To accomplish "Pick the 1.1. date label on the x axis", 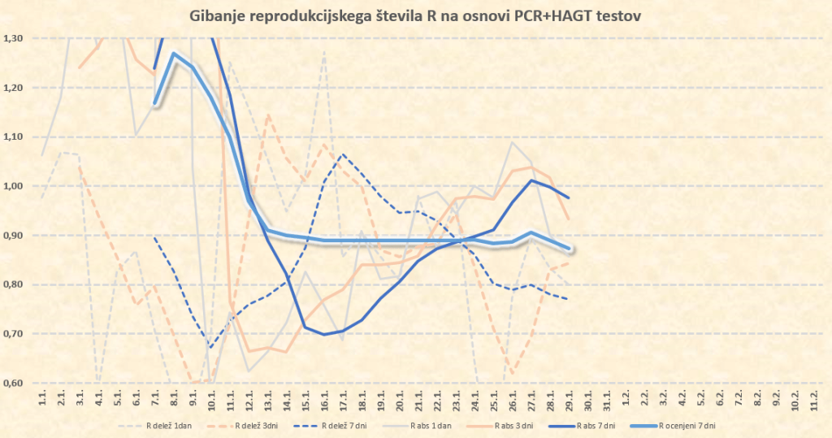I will click(42, 399).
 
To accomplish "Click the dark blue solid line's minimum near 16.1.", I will click(324, 334).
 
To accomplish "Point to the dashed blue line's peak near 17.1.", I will click(343, 154).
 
